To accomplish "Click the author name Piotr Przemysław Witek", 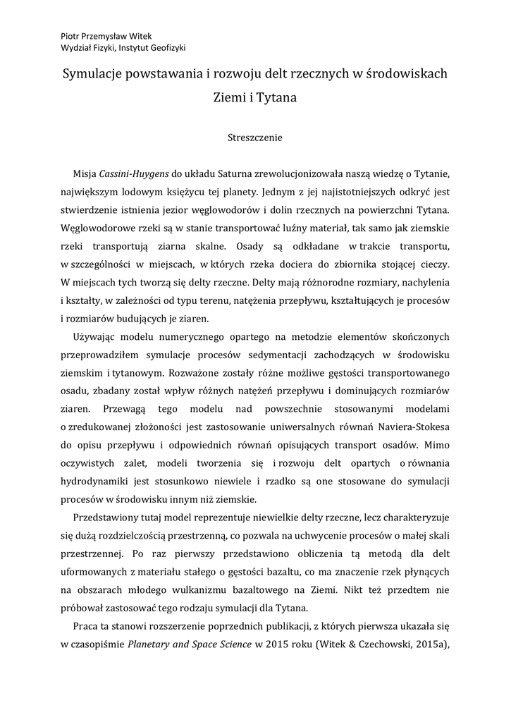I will tap(101, 35).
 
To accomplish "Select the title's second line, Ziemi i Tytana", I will tap(255, 98).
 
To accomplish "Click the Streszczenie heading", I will tap(255, 137).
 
